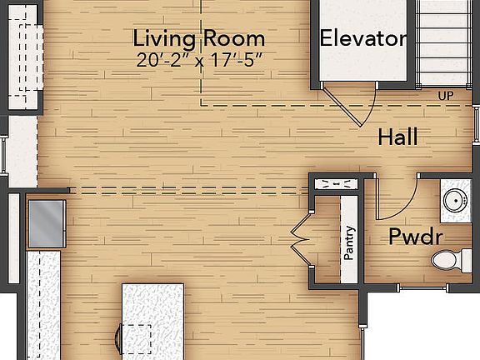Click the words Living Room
[199, 38]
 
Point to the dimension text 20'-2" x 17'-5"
[199, 59]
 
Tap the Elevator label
[363, 38]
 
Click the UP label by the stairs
[446, 96]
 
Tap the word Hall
[397, 137]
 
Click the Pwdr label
[415, 237]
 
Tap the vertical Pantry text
[350, 242]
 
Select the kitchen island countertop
[152, 321]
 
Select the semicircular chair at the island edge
[117, 342]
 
